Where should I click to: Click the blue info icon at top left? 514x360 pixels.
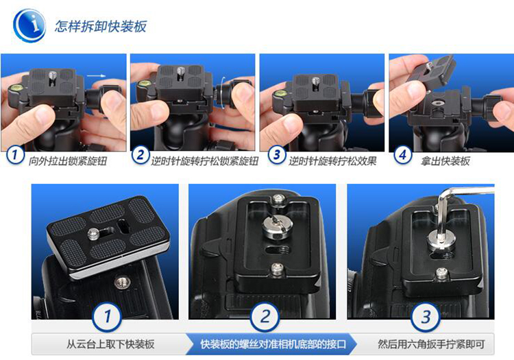click(29, 25)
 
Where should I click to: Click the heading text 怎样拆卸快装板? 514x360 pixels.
click(101, 27)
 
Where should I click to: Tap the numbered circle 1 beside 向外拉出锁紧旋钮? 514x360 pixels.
click(15, 154)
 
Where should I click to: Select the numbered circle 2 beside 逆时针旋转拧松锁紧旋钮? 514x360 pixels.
click(140, 155)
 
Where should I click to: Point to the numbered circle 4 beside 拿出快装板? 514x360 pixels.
click(403, 155)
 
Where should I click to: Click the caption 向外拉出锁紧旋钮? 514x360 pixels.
click(68, 161)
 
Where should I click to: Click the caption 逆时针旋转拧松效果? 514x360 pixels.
click(332, 161)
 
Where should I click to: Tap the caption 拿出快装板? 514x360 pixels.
click(445, 161)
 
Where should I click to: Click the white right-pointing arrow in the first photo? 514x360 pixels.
click(97, 76)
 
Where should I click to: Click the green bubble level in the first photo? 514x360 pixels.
click(15, 88)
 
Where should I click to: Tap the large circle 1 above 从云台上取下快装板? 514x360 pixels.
click(107, 317)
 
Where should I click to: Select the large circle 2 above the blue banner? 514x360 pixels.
click(265, 317)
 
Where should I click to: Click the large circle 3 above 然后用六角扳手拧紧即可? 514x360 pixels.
click(426, 317)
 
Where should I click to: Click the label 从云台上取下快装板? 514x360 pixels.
click(110, 344)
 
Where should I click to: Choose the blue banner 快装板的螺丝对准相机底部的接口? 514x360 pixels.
click(273, 344)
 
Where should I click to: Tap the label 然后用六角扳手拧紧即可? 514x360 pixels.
click(431, 344)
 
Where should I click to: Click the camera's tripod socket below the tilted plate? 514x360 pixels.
click(122, 282)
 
